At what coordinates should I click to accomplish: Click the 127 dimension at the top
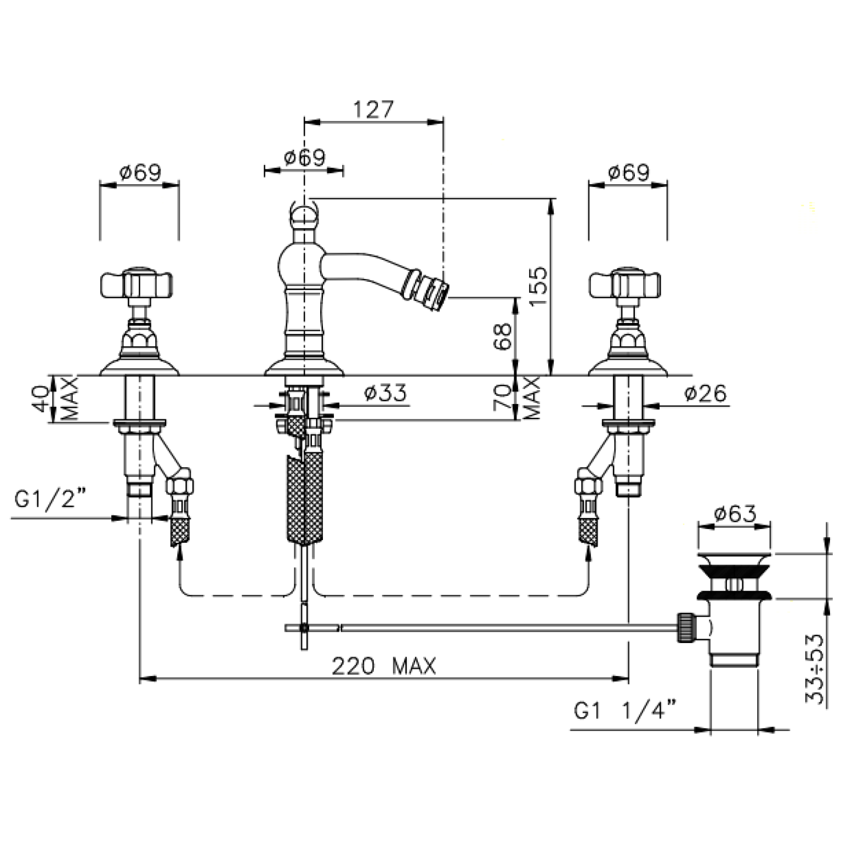[x=373, y=109]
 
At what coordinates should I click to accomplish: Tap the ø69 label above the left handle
[x=140, y=173]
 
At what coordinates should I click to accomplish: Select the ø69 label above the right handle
[x=628, y=173]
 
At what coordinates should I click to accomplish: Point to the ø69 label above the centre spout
[x=305, y=158]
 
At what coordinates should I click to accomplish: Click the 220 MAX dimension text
[x=384, y=666]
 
